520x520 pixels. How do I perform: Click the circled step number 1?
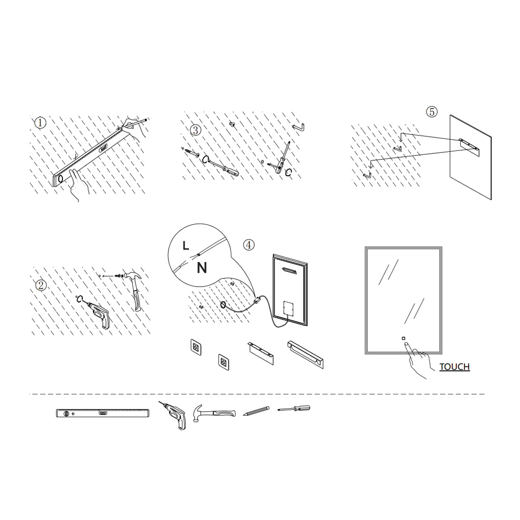pyautogui.click(x=41, y=123)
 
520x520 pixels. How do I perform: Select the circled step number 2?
pyautogui.click(x=41, y=285)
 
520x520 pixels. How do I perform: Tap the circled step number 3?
pyautogui.click(x=196, y=130)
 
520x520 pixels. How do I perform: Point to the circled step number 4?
pyautogui.click(x=249, y=245)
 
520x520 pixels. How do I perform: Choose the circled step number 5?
pyautogui.click(x=432, y=112)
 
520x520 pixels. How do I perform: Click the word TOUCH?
pyautogui.click(x=454, y=367)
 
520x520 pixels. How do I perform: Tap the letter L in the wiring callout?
pyautogui.click(x=186, y=246)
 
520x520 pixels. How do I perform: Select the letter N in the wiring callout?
pyautogui.click(x=202, y=268)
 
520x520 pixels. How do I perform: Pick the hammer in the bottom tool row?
pyautogui.click(x=214, y=413)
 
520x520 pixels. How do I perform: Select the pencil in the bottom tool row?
pyautogui.click(x=256, y=411)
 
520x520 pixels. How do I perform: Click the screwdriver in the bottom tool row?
pyautogui.click(x=294, y=408)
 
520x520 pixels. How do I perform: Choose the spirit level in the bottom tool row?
pyautogui.click(x=102, y=413)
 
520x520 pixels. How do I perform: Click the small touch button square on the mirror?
pyautogui.click(x=404, y=339)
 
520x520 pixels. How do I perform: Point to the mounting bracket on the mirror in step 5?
pyautogui.click(x=469, y=147)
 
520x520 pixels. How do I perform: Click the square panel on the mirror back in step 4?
pyautogui.click(x=289, y=308)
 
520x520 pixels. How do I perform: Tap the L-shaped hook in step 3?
pyautogui.click(x=299, y=127)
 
